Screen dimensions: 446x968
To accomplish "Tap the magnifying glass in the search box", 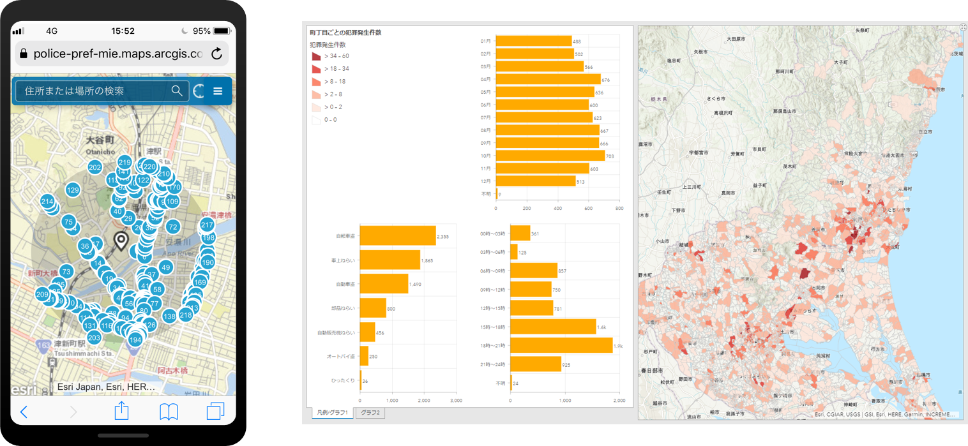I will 177,91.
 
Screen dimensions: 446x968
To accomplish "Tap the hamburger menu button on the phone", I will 218,91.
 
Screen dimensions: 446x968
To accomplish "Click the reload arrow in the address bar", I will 216,54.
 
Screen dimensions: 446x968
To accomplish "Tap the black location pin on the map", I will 120,241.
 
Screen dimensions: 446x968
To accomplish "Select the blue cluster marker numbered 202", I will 95,168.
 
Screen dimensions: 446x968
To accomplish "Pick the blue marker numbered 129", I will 73,190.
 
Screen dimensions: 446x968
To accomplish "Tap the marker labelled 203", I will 94,338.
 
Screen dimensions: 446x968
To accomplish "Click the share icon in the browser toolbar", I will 121,412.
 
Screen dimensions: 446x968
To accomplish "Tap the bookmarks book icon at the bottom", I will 169,412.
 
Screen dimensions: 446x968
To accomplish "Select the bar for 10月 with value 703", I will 550,156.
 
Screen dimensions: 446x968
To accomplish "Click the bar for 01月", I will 533,41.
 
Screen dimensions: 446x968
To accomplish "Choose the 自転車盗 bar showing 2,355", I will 398,236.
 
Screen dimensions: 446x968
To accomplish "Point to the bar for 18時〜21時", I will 561,345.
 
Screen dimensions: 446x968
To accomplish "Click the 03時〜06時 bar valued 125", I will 514,252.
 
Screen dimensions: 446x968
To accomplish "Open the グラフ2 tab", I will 370,413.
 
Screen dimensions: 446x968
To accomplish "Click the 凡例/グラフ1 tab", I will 332,413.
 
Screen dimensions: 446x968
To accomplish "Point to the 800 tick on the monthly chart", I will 619,208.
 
